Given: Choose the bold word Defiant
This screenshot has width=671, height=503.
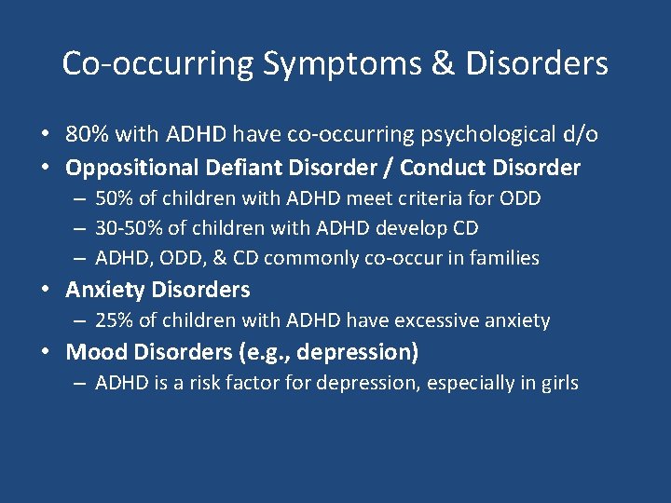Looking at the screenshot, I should pos(241,168).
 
